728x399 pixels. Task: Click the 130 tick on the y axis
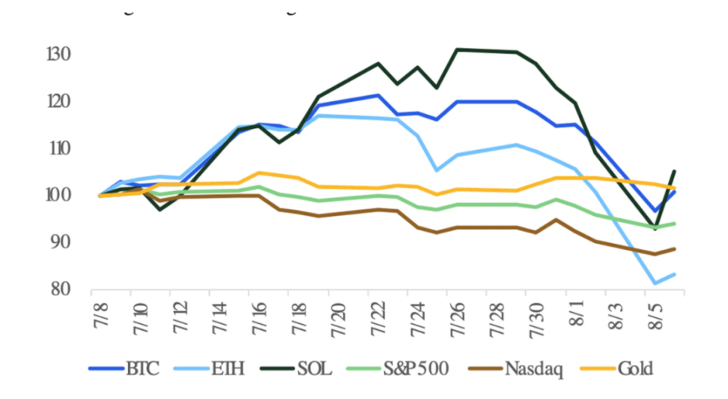tap(60, 55)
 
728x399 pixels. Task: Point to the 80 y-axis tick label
tap(61, 289)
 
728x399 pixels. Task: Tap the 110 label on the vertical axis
tap(60, 148)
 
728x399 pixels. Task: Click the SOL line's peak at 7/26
tap(457, 49)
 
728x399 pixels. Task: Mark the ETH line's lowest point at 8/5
tap(655, 283)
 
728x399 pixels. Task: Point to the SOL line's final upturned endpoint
tap(675, 171)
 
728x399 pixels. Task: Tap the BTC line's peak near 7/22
tap(378, 95)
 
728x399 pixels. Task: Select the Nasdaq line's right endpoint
tap(675, 249)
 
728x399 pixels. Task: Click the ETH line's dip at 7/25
tap(437, 170)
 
